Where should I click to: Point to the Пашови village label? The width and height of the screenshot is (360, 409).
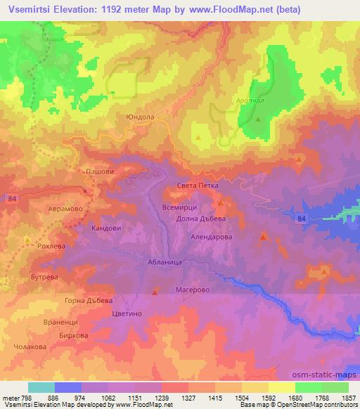99,171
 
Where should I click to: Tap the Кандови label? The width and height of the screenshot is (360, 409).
106,228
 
